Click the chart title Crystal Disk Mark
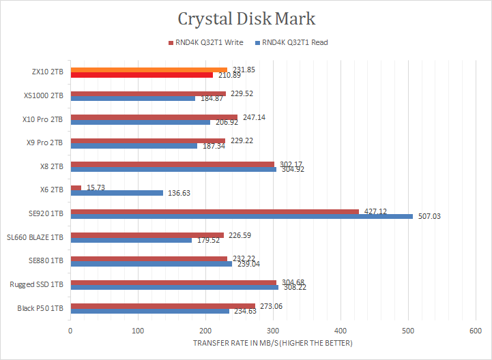[246, 18]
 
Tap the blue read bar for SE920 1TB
[242, 216]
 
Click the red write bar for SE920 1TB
[214, 211]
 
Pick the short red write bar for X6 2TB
[76, 187]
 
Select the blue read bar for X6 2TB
[117, 193]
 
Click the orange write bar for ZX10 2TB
[149, 70]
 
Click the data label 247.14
[254, 117]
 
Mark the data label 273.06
[271, 305]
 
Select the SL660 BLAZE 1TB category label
[35, 237]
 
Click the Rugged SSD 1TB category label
[37, 284]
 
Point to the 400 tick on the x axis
[273, 331]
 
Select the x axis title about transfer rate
[273, 342]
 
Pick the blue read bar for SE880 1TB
[117, 264]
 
